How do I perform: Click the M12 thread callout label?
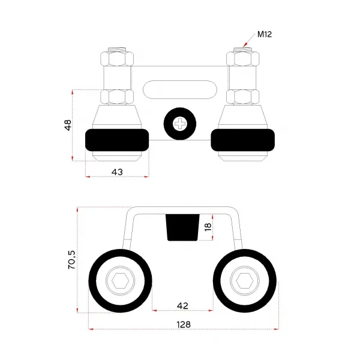click(265, 34)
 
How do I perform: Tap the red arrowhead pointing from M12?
click(245, 44)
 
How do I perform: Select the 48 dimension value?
click(68, 125)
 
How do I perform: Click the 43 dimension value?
click(117, 172)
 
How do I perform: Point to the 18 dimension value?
click(208, 227)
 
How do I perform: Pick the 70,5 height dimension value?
click(71, 260)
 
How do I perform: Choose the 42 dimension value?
click(182, 305)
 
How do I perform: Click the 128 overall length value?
click(184, 325)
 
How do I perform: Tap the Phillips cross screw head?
click(180, 124)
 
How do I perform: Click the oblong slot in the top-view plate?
click(180, 90)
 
